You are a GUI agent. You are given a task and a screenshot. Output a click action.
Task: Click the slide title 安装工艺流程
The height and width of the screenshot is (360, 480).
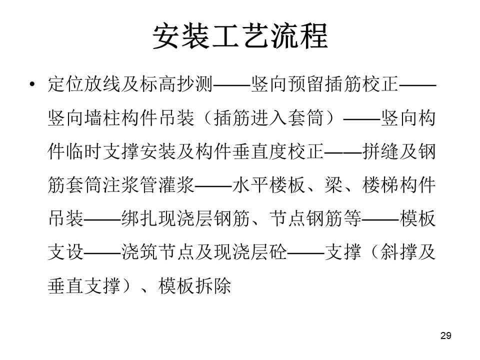click(x=240, y=36)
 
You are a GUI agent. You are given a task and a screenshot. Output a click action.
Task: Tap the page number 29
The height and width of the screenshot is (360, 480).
click(x=445, y=336)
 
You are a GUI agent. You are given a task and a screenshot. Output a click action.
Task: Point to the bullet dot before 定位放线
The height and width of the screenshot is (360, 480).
click(x=32, y=84)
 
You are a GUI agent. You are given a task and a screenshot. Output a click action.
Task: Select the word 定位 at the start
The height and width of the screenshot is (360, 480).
click(x=66, y=84)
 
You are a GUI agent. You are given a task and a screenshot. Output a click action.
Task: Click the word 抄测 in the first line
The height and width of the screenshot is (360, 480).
click(x=194, y=84)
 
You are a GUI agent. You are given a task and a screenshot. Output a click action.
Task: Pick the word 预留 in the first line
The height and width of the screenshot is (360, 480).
click(x=306, y=84)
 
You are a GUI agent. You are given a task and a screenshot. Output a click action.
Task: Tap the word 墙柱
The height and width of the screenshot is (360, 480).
click(x=103, y=117)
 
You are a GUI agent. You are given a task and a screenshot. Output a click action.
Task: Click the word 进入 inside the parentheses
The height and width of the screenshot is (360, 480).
click(x=269, y=117)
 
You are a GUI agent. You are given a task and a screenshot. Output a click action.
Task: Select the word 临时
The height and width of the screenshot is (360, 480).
click(x=84, y=151)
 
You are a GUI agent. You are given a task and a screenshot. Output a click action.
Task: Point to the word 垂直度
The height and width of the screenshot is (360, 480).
click(x=259, y=151)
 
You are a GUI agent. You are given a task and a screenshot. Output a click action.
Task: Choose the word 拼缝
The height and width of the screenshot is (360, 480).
click(x=380, y=151)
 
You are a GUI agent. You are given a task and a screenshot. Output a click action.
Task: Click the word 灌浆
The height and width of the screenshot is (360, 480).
click(x=176, y=185)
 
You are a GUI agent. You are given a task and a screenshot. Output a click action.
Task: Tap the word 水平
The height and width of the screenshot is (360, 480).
click(x=250, y=185)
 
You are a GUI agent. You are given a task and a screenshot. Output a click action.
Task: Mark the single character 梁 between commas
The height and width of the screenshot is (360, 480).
click(x=333, y=185)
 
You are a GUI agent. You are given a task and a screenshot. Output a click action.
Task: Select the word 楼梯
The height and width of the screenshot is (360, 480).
click(x=380, y=185)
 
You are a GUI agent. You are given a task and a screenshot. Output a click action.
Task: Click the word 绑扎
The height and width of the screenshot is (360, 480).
click(x=139, y=218)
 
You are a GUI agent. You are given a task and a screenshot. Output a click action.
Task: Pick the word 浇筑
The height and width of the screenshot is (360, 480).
click(x=139, y=252)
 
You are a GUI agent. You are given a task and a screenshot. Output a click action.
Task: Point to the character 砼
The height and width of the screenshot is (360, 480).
click(x=278, y=252)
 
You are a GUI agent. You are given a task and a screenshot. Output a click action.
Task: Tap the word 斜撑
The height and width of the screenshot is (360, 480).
click(x=398, y=252)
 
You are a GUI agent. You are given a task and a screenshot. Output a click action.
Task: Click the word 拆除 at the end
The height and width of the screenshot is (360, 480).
click(x=213, y=286)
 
